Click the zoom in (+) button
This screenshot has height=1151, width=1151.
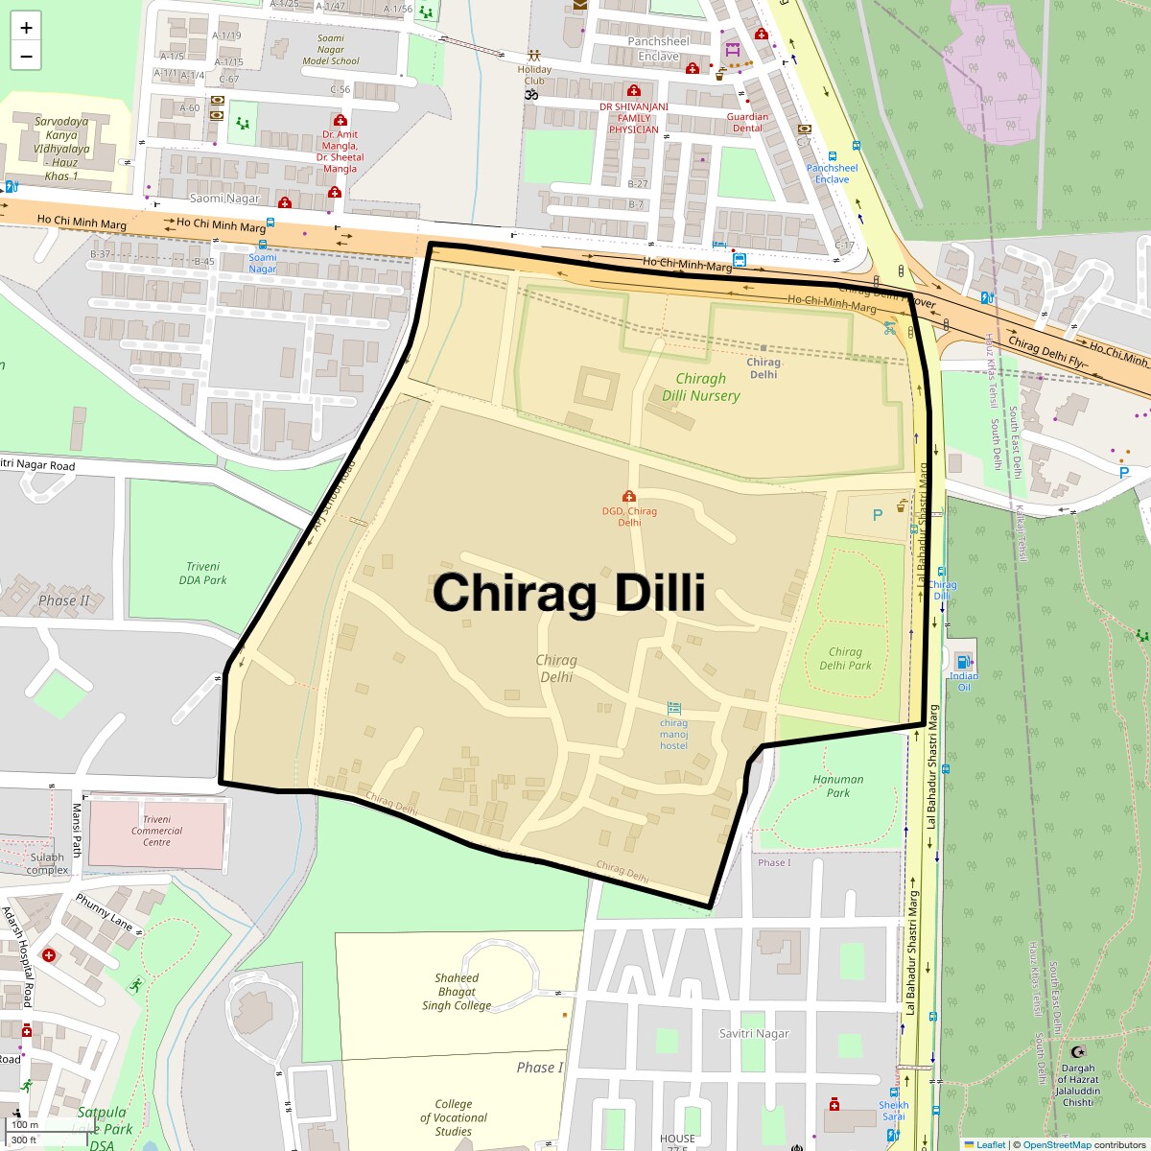pyautogui.click(x=26, y=28)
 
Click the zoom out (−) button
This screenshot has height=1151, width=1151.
pyautogui.click(x=26, y=56)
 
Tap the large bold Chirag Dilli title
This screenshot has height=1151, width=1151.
pyautogui.click(x=569, y=593)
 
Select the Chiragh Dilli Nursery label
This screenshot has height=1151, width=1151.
pyautogui.click(x=701, y=388)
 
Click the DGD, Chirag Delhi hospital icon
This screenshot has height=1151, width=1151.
pyautogui.click(x=629, y=496)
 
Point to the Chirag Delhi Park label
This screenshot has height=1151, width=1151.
pyautogui.click(x=845, y=658)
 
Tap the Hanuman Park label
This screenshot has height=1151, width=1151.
pyautogui.click(x=838, y=786)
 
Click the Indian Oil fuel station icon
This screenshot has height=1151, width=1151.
pyautogui.click(x=963, y=661)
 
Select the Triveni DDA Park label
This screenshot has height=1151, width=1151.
pyautogui.click(x=203, y=574)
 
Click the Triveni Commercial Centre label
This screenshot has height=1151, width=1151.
pyautogui.click(x=157, y=831)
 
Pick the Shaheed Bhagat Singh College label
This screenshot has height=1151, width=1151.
pyautogui.click(x=457, y=992)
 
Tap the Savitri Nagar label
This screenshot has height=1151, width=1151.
pyautogui.click(x=754, y=1033)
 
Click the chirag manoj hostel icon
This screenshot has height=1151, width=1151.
pyautogui.click(x=673, y=708)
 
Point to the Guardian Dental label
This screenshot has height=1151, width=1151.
pyautogui.click(x=747, y=122)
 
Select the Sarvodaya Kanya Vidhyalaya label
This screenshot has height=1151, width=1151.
pyautogui.click(x=61, y=149)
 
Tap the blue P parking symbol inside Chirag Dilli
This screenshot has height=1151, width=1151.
pyautogui.click(x=877, y=515)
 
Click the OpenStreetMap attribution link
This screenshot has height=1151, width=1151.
pyautogui.click(x=1057, y=1144)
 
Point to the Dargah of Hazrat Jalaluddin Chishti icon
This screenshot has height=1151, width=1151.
pyautogui.click(x=1077, y=1052)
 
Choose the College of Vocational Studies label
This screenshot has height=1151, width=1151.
pyautogui.click(x=454, y=1117)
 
